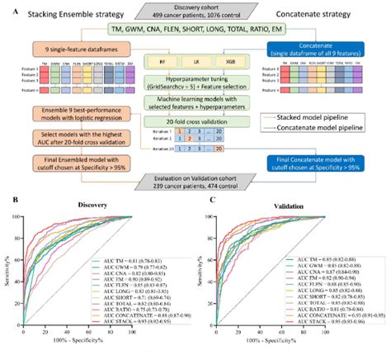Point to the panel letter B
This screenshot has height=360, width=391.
tap(10, 201)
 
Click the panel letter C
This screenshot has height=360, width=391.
tap(205, 201)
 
